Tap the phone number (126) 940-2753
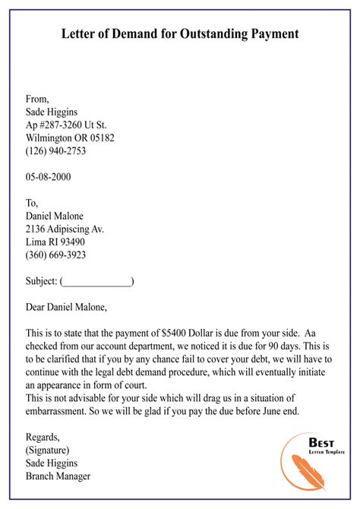(x=55, y=150)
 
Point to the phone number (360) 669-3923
(x=55, y=254)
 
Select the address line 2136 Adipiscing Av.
(x=65, y=228)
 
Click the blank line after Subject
(x=96, y=281)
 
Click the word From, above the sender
(x=37, y=98)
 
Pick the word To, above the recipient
(x=33, y=202)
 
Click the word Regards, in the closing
(x=43, y=436)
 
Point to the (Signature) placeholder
(x=52, y=450)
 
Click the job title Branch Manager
(x=58, y=476)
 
